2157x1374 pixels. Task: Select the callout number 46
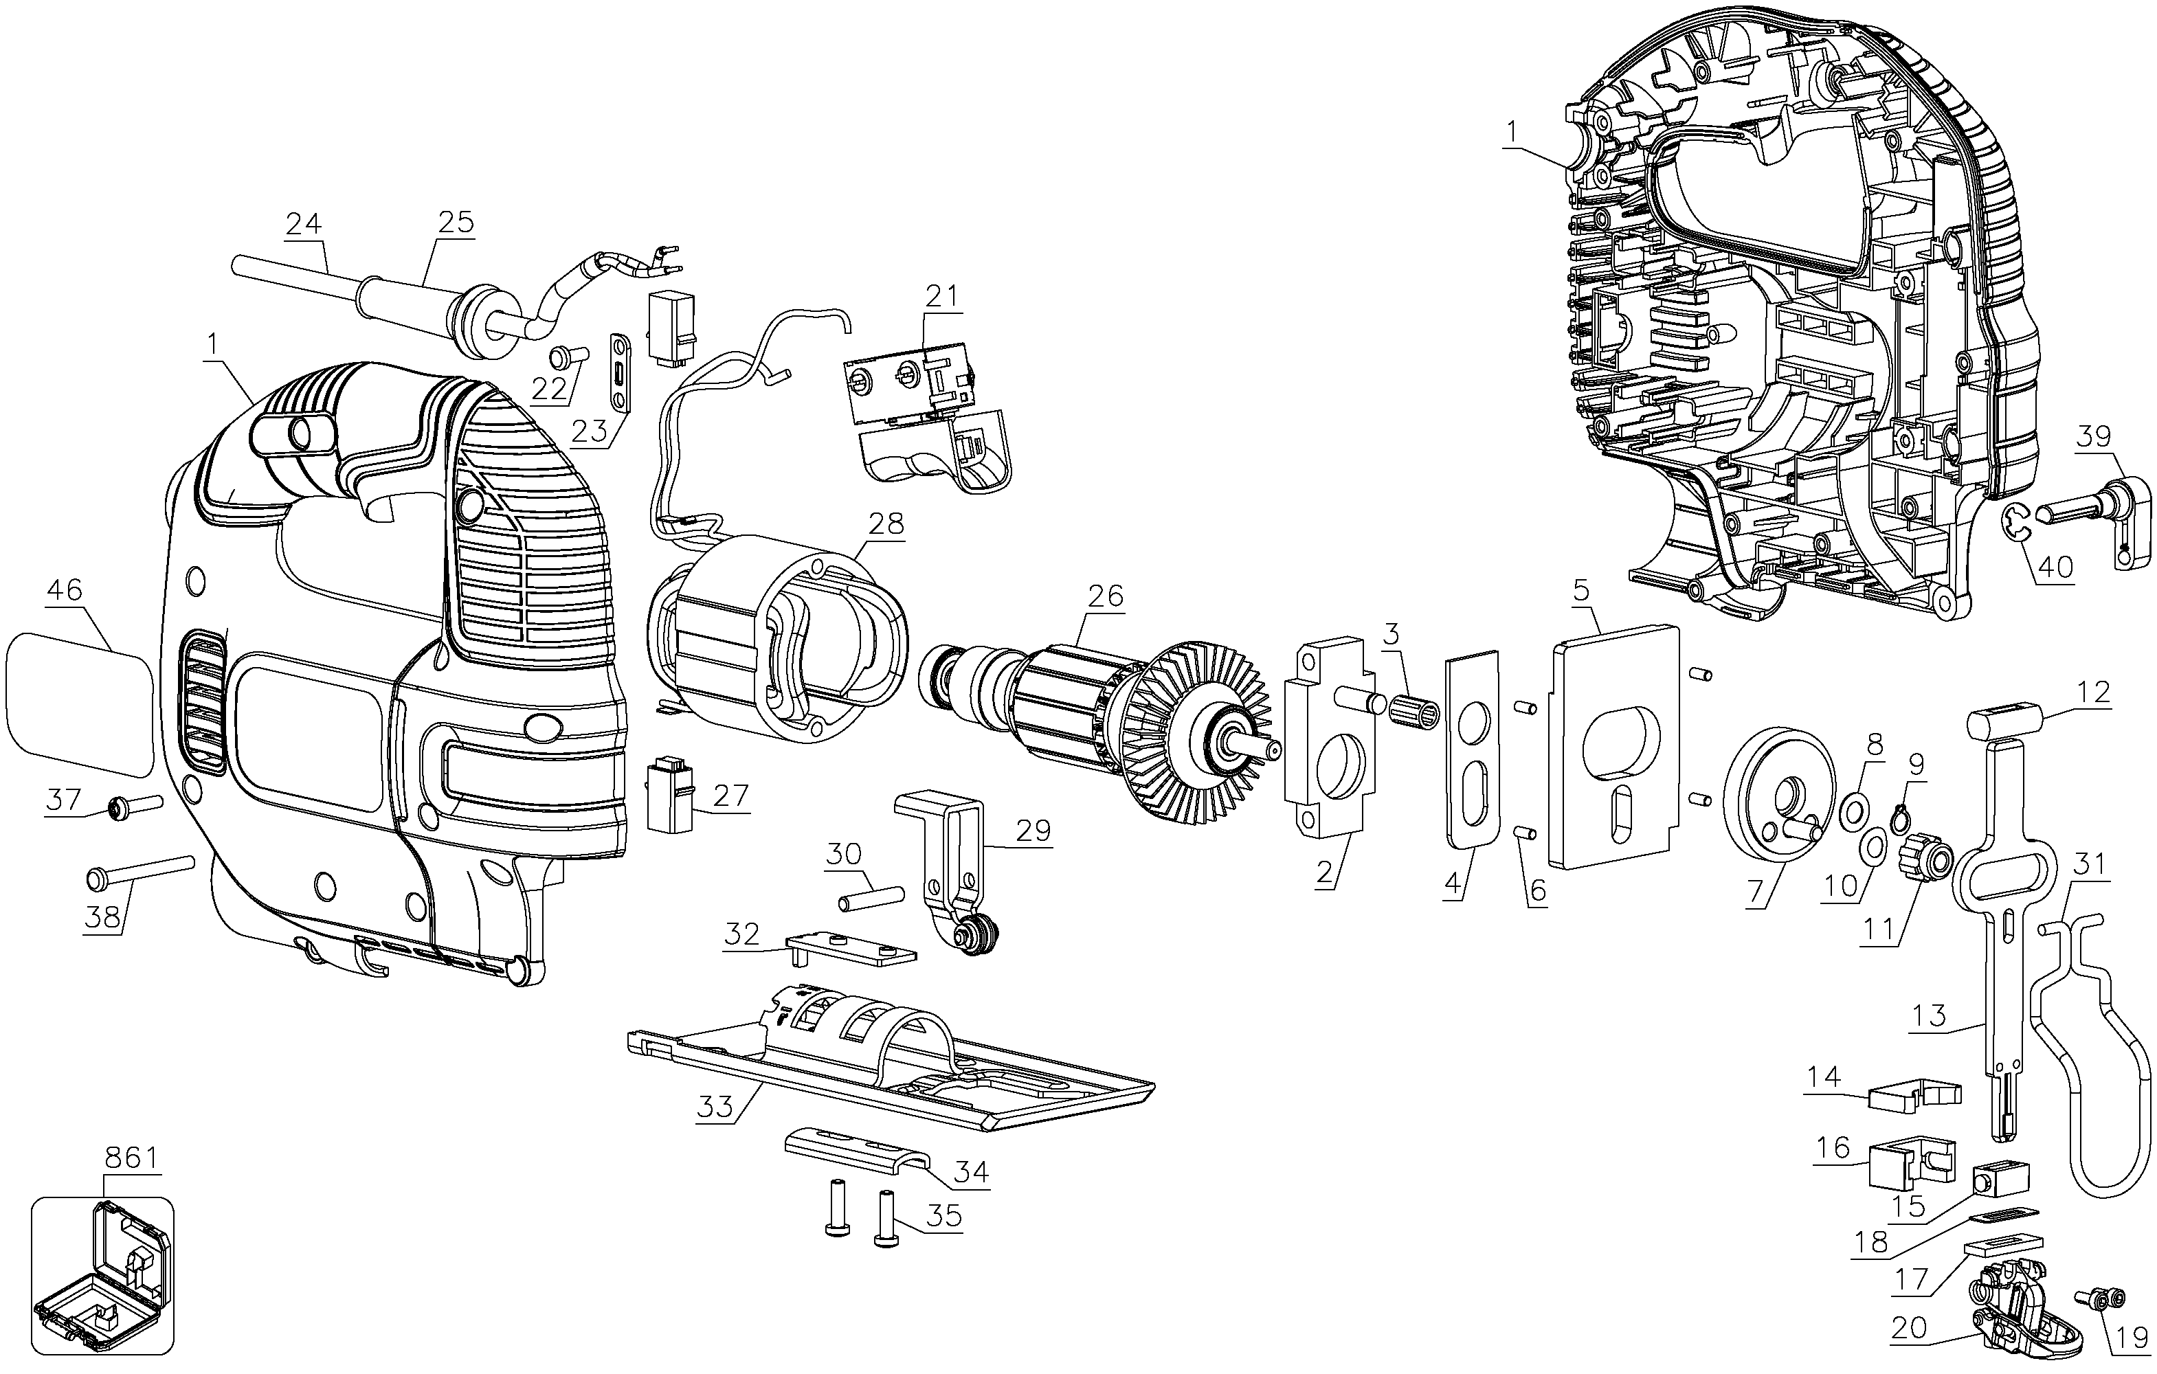(65, 590)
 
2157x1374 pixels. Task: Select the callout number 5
(1581, 590)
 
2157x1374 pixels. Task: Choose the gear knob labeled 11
(1920, 860)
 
